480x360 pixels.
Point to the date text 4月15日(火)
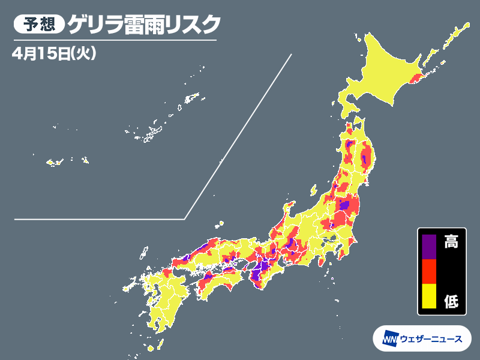54,53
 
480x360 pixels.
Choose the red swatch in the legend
428,271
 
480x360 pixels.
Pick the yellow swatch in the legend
428,297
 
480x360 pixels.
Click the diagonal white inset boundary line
240,132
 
